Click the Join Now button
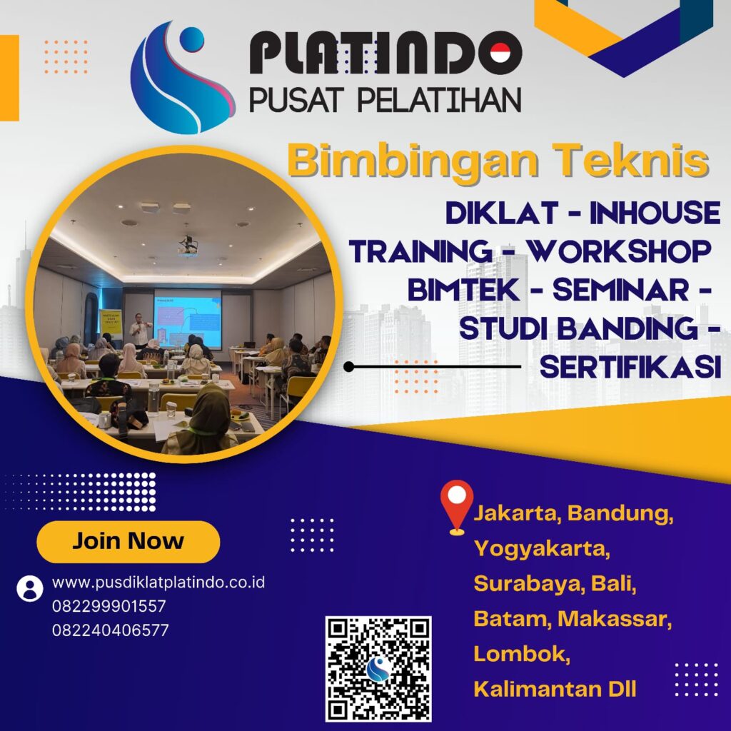(x=128, y=541)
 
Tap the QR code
(x=378, y=668)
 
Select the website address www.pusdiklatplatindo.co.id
(x=158, y=583)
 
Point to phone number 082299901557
(x=109, y=607)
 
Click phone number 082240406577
(x=110, y=630)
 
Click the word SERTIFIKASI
(x=627, y=367)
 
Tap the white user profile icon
(x=29, y=588)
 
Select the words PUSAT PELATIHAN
(x=385, y=100)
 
